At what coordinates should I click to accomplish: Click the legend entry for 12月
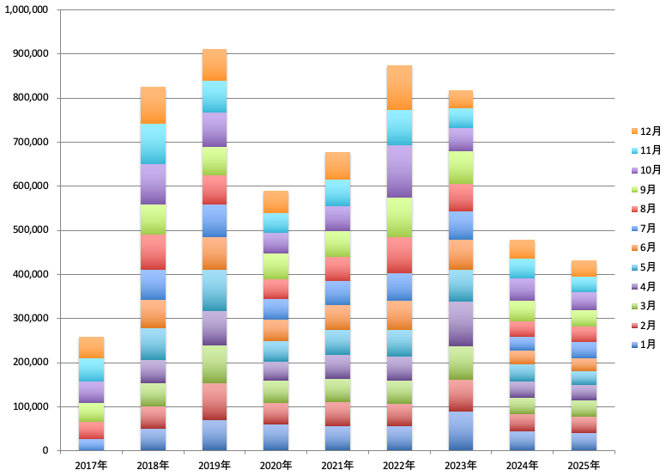coord(646,131)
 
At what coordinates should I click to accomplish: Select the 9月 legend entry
coord(644,189)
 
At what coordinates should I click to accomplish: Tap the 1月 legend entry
coord(644,345)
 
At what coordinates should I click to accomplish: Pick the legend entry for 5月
coord(644,267)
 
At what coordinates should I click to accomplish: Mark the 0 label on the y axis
coord(45,451)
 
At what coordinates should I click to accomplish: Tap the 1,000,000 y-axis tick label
coord(27,9)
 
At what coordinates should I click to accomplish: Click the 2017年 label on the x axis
coord(91,466)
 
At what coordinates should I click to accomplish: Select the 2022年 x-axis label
coord(399,466)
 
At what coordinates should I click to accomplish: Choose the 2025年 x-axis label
coord(584,466)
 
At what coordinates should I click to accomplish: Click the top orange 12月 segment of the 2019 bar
coord(215,64)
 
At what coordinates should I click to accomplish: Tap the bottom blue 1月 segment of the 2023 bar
coord(461,431)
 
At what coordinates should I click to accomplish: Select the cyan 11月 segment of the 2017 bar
coord(91,369)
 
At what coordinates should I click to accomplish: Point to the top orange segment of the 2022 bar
coord(399,88)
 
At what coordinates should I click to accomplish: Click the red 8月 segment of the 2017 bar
coord(91,430)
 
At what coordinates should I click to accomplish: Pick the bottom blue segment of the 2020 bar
coord(276,437)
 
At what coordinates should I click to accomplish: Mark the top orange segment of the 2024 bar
coord(523,249)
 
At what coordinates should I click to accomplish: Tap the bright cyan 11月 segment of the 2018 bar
coord(153,143)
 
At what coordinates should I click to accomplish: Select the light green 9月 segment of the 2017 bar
coord(91,412)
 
